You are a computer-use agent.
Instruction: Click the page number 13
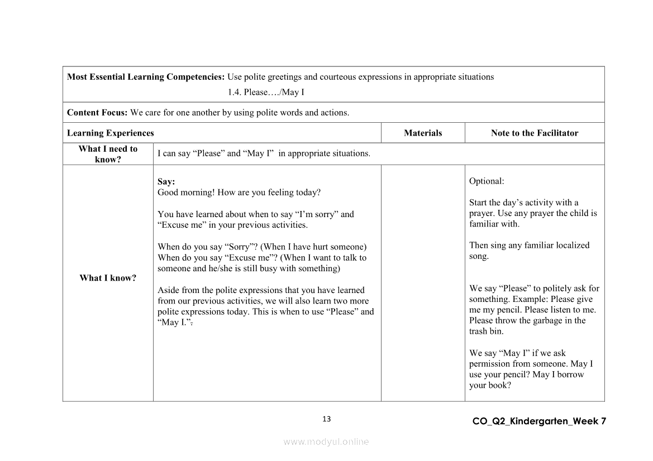327,419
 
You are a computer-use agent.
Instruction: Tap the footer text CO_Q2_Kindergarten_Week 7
538,421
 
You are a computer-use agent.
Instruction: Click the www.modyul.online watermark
326,441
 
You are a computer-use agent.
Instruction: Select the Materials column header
423,133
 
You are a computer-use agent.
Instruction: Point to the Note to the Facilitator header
535,133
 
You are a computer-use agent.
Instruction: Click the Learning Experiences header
111,133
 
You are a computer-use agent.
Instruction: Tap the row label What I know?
108,278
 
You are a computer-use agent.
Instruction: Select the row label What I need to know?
108,153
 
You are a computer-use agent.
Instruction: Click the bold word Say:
166,181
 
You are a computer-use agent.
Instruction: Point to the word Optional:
487,181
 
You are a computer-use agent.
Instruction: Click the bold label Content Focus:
97,112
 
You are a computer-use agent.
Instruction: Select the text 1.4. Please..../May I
266,92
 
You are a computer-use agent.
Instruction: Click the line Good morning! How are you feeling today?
239,193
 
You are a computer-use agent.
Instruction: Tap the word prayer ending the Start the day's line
481,213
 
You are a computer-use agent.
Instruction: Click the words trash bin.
486,331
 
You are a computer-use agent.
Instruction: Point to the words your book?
490,385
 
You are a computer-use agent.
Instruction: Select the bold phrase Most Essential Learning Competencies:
146,77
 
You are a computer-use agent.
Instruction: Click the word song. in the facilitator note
479,256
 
